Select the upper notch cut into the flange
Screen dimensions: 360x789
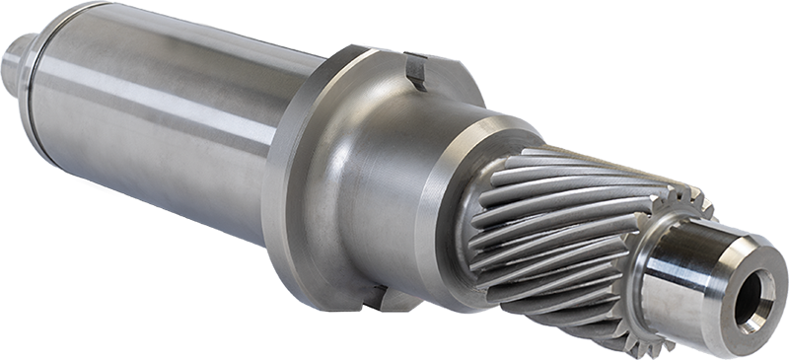pos(416,71)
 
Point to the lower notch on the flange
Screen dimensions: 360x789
pos(373,296)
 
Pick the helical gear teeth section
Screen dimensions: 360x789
pos(552,232)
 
